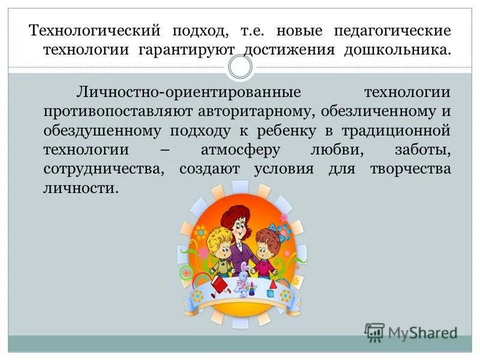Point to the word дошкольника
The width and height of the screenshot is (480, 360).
click(x=395, y=49)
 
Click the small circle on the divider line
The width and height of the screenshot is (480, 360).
click(x=240, y=67)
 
